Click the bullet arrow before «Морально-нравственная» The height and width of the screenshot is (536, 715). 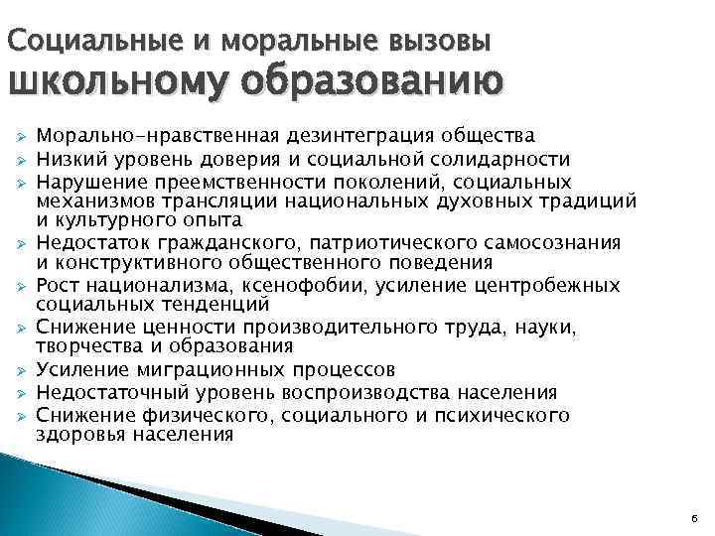19,136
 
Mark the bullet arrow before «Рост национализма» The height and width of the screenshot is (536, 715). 19,287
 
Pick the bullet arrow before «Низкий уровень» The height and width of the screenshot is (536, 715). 19,160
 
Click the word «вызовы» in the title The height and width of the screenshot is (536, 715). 440,42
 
